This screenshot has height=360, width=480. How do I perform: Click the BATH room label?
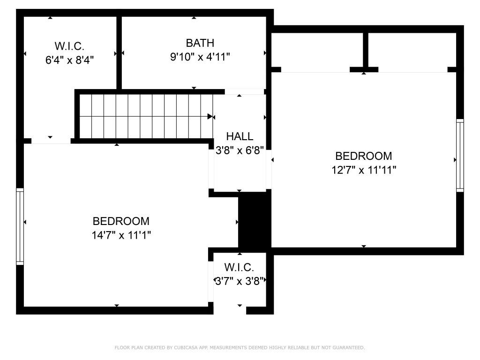(x=200, y=43)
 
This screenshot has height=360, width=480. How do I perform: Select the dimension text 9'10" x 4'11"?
(x=200, y=57)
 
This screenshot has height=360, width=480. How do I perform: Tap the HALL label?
(x=240, y=136)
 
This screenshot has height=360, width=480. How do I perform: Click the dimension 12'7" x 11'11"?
(x=364, y=170)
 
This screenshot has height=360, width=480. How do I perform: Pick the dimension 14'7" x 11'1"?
(x=121, y=235)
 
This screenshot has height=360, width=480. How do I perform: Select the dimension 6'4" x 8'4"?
(x=69, y=60)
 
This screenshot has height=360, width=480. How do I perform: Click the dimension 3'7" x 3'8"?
(x=240, y=281)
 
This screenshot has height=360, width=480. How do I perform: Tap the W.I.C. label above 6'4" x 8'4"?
(x=69, y=46)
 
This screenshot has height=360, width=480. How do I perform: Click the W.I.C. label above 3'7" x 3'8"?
(x=239, y=267)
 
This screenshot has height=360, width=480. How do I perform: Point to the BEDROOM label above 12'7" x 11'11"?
(x=364, y=156)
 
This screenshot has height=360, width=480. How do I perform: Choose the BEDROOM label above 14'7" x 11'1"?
(x=121, y=221)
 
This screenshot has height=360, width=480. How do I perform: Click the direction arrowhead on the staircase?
(x=210, y=116)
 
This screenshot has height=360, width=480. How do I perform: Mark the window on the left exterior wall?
(x=20, y=226)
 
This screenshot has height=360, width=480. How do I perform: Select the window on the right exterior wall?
(x=460, y=155)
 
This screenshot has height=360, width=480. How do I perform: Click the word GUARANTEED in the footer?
(x=349, y=348)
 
